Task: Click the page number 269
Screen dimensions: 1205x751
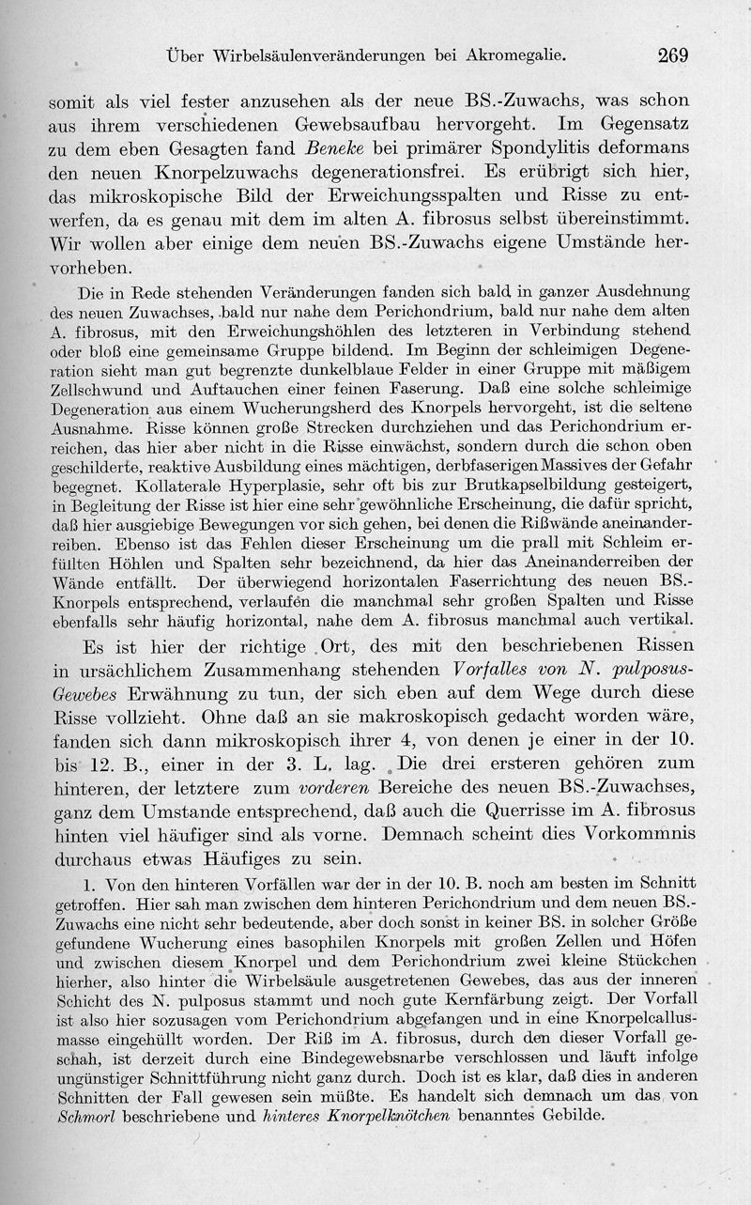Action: [672, 55]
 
